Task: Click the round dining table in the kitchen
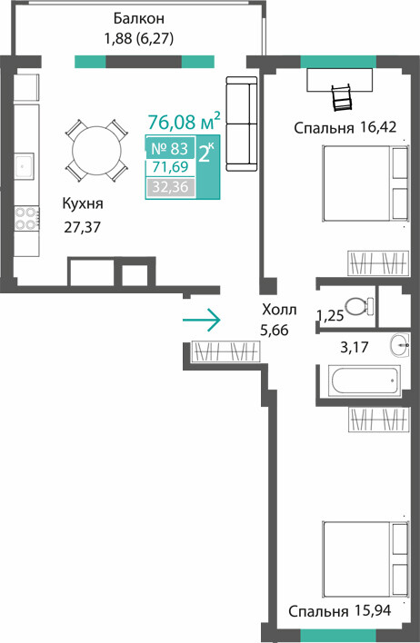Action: tap(97, 151)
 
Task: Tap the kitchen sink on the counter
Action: tap(25, 165)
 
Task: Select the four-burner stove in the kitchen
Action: tap(26, 218)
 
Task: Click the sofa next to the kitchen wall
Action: tap(242, 124)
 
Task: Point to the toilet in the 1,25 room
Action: tap(359, 306)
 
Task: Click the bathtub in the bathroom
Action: tap(365, 381)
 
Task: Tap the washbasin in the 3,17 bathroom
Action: tap(399, 345)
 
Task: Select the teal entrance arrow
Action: tap(201, 320)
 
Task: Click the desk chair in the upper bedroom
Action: tap(342, 97)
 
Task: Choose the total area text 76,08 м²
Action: tap(184, 122)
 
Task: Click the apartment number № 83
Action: tap(170, 148)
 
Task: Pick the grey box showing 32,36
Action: tap(170, 187)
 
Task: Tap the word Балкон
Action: tap(139, 18)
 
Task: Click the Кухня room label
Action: tap(83, 203)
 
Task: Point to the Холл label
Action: tap(279, 310)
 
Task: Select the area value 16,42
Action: tap(378, 127)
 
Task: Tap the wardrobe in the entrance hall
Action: tap(225, 351)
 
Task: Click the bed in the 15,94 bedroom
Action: tap(365, 559)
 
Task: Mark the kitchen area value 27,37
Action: tap(82, 227)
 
